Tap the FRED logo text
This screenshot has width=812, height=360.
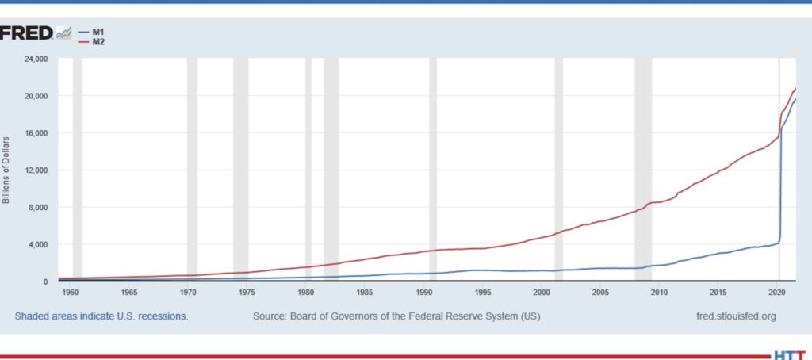(25, 33)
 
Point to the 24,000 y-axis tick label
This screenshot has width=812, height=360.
(36, 59)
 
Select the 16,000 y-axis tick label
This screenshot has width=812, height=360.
(36, 133)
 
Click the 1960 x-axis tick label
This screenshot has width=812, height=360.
(71, 293)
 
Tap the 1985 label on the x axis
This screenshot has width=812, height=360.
(365, 293)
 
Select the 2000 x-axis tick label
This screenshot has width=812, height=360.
(542, 293)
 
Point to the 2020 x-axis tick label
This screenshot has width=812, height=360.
(777, 293)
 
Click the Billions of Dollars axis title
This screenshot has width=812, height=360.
(6, 170)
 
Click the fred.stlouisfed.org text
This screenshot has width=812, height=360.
(734, 316)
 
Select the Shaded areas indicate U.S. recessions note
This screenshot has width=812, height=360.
(101, 316)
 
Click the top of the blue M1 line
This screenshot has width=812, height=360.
(795, 99)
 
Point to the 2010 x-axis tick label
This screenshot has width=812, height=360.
(659, 293)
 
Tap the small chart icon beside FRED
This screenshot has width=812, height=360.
(64, 33)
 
